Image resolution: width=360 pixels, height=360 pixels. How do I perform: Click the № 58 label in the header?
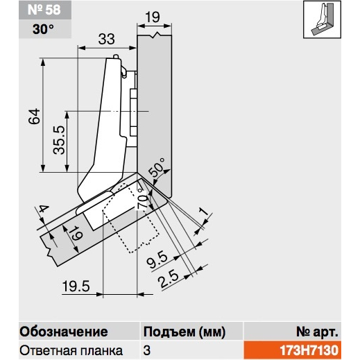(44, 10)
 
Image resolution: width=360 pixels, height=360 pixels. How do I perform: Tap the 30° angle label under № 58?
(43, 29)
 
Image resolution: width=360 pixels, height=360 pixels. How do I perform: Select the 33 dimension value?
(106, 39)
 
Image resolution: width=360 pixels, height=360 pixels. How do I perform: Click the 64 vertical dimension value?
(34, 117)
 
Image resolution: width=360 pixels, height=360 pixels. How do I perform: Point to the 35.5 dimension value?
(59, 140)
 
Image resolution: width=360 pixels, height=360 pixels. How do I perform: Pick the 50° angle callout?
(157, 167)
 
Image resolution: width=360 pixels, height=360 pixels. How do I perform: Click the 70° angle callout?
(142, 199)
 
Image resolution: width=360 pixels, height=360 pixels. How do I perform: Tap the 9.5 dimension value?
(157, 260)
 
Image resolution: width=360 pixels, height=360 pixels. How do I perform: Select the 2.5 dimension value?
(169, 279)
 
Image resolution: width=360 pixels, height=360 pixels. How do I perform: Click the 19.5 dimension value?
(76, 286)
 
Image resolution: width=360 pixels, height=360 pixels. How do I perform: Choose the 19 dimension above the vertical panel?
(153, 17)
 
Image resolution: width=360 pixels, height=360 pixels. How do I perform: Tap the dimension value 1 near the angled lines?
(203, 212)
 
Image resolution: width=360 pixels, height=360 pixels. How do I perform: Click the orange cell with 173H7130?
(293, 350)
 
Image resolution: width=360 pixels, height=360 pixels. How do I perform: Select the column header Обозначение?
(64, 332)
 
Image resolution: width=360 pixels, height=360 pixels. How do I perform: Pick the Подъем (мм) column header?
(185, 332)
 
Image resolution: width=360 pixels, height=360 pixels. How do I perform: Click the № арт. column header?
(317, 332)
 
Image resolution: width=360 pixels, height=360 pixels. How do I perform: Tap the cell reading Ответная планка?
(71, 350)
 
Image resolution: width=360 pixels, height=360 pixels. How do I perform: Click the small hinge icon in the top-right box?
(322, 19)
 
